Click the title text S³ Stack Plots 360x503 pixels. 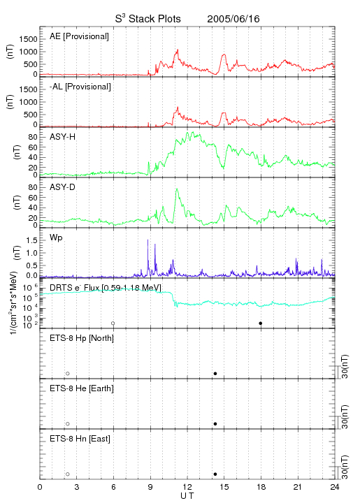[x=148, y=19]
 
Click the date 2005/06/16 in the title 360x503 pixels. [x=233, y=19]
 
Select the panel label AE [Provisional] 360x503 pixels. [x=79, y=36]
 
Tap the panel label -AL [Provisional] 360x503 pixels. [x=80, y=87]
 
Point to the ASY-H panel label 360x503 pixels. [x=62, y=137]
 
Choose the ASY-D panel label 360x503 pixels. [x=62, y=187]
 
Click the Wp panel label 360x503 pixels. [x=56, y=238]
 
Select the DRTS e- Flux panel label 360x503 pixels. [x=106, y=288]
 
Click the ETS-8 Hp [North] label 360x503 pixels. [x=82, y=338]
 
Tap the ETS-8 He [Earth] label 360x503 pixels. [x=82, y=388]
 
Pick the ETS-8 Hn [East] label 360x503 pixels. [x=80, y=439]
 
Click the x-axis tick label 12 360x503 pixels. [x=187, y=487]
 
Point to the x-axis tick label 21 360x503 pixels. [x=298, y=487]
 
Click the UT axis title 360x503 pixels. [x=187, y=495]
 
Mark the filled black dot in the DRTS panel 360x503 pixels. [x=261, y=323]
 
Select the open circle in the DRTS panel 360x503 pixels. [x=113, y=323]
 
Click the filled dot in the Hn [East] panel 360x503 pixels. [x=215, y=474]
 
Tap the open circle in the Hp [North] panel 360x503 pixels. [x=68, y=374]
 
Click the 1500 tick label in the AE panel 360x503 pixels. [x=28, y=39]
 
